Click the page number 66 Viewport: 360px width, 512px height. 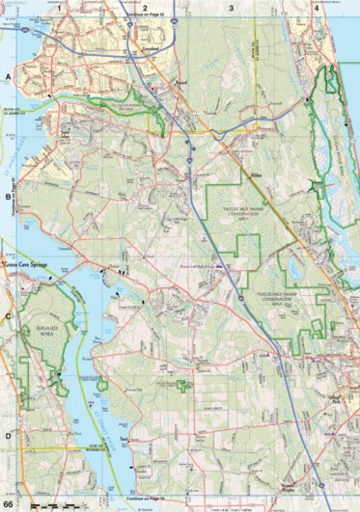click(x=9, y=505)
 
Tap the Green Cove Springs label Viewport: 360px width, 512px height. click(x=25, y=262)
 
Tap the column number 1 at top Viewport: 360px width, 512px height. click(x=59, y=8)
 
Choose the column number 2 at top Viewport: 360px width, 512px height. click(x=145, y=8)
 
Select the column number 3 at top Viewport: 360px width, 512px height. click(x=231, y=8)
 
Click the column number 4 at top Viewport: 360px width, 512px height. click(x=317, y=8)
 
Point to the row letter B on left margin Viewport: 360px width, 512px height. click(x=7, y=194)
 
